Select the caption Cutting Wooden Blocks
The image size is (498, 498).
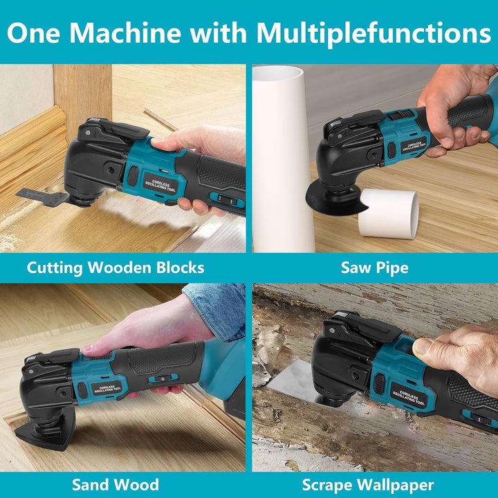(x=116, y=268)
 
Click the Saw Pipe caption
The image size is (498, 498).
(x=374, y=268)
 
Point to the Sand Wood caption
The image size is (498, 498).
(x=116, y=484)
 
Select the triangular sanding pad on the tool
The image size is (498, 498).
(x=43, y=434)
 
